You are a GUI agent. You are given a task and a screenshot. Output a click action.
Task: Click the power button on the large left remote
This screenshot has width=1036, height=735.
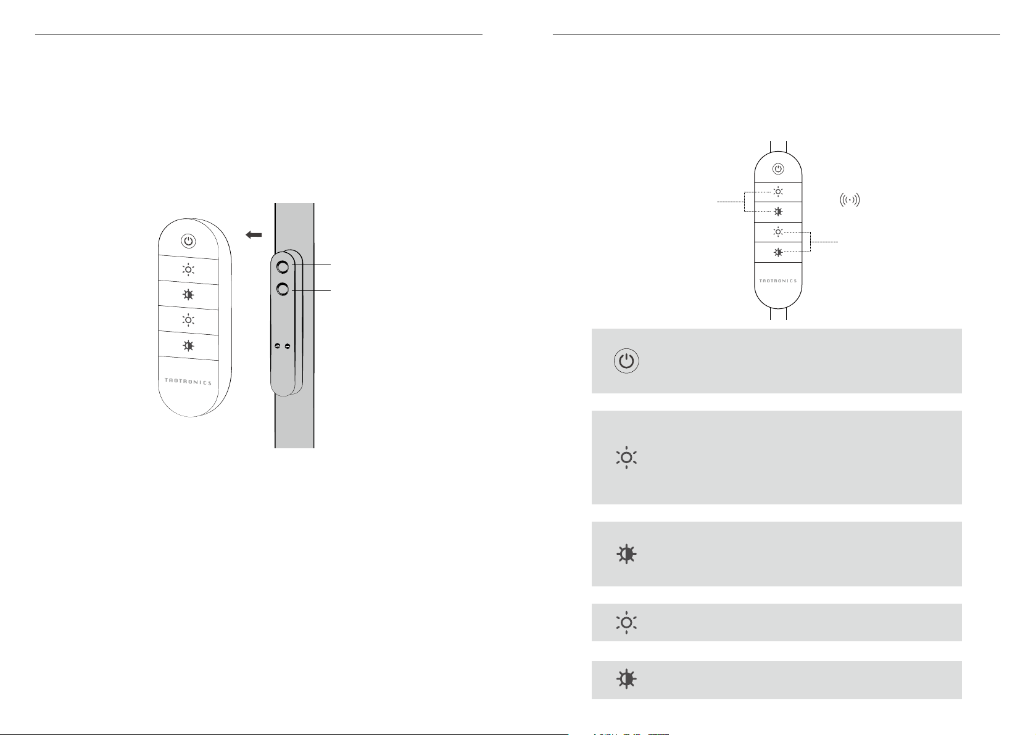click(188, 241)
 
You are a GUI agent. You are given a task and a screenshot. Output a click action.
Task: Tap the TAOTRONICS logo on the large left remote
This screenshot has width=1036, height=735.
click(188, 381)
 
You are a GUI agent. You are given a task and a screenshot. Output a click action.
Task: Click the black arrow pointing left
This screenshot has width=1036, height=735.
click(254, 235)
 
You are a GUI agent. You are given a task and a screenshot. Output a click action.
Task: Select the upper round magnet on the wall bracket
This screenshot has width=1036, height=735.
click(283, 267)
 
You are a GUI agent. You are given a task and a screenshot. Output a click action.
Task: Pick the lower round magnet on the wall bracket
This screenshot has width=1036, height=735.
click(283, 289)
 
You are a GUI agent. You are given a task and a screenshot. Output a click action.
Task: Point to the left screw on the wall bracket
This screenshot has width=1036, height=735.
click(278, 346)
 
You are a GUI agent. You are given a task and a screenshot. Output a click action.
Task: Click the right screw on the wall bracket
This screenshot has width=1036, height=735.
click(288, 346)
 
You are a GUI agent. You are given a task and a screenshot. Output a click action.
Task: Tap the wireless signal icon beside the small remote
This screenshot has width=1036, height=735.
click(850, 200)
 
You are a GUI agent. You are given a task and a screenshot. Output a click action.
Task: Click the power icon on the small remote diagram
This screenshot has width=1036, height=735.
click(778, 169)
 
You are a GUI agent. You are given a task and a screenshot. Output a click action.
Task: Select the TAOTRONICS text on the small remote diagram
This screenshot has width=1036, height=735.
click(778, 281)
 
